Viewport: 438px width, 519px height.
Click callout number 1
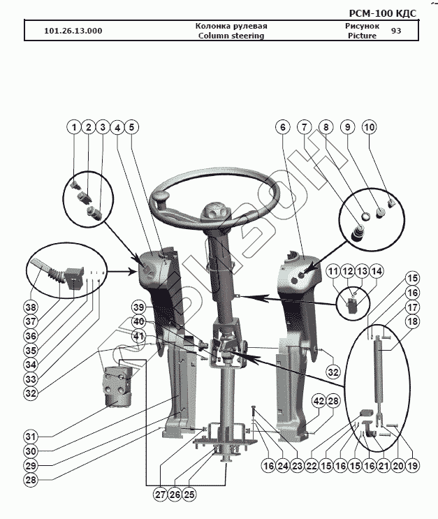73,127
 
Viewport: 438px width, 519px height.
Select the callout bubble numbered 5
132,127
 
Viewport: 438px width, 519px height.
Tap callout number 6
282,127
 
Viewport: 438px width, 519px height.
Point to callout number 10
369,127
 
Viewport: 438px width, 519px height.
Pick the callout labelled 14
377,270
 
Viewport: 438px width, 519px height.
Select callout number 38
30,307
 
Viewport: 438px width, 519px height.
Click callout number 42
318,400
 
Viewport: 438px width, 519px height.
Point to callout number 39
139,307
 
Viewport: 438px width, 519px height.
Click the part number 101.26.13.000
73,31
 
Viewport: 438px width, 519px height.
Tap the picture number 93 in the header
396,31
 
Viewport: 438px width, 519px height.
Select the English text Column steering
231,36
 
